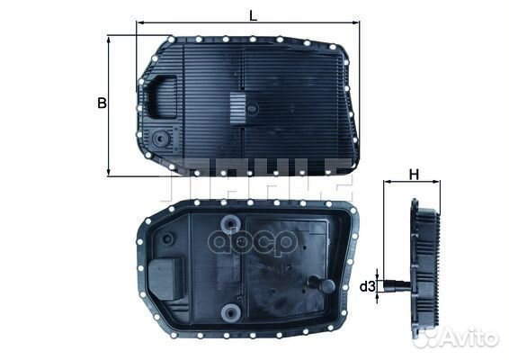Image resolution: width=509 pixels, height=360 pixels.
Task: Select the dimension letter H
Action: point(414,173)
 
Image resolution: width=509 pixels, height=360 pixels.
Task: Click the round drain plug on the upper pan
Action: point(160,140)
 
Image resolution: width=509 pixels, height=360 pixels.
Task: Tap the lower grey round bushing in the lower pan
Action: point(232,314)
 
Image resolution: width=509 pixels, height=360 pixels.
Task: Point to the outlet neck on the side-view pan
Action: point(397,286)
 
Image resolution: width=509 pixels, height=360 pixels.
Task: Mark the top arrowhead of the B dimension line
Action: point(109,39)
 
